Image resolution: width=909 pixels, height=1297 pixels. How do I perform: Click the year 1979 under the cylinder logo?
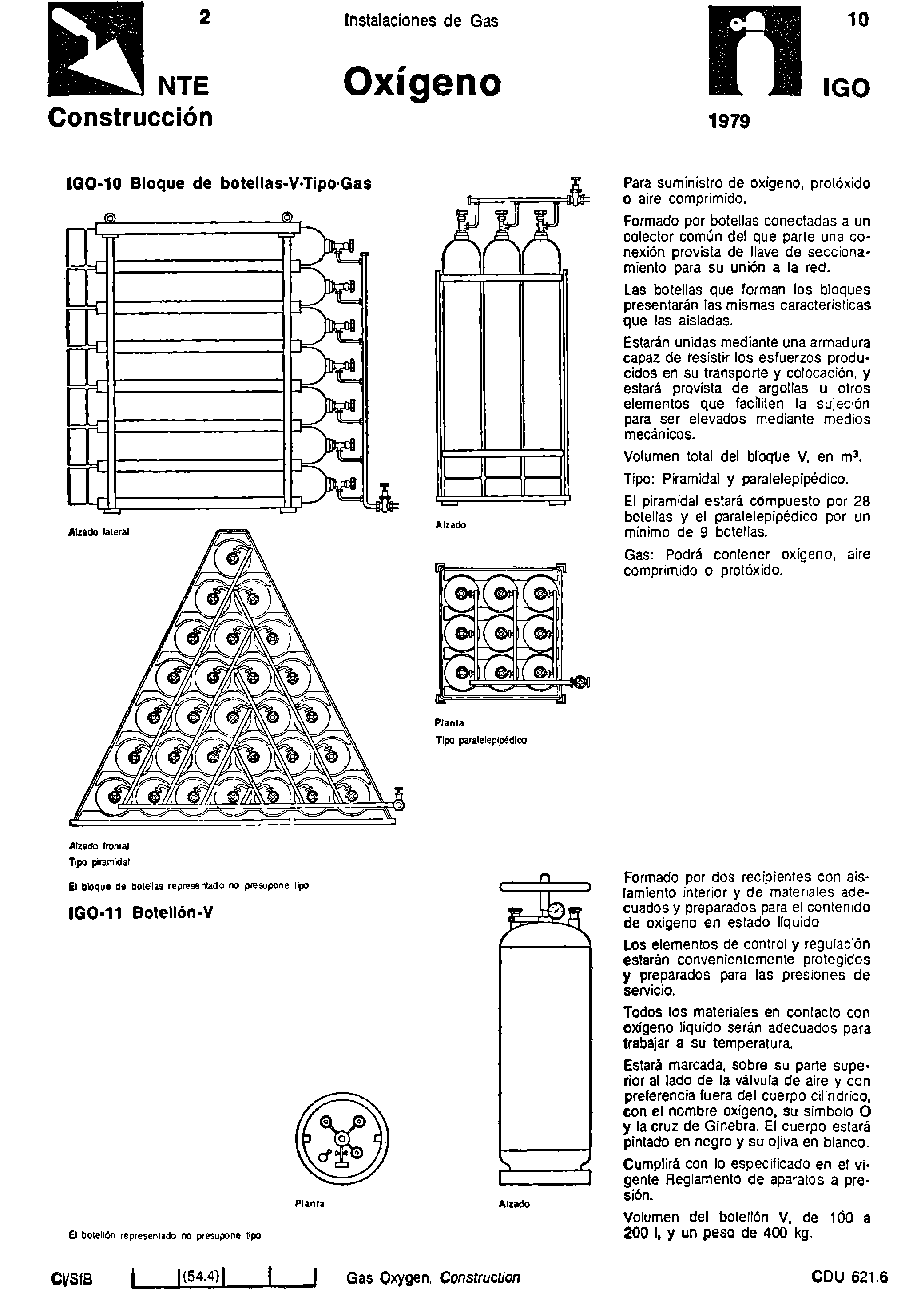[729, 120]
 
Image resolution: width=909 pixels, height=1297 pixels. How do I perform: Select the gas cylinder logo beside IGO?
[755, 50]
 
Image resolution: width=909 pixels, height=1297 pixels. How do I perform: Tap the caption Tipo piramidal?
[99, 862]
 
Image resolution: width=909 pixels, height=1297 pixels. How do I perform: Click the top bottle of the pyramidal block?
[232, 558]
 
